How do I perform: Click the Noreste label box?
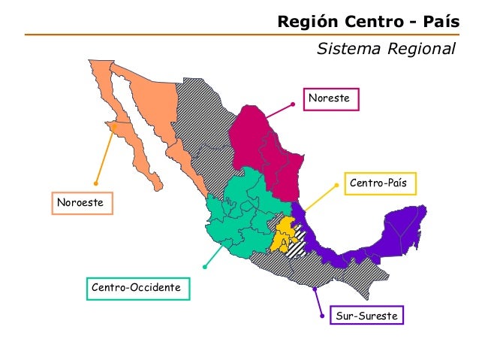point(332,98)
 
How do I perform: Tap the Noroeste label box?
point(82,203)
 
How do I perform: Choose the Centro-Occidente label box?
point(138,288)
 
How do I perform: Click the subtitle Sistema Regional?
point(386,50)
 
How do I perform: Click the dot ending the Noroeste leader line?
point(96,183)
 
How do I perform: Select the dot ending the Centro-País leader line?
point(336,185)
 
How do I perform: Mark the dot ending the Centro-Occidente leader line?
point(204,266)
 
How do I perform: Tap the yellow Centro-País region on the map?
point(283,235)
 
